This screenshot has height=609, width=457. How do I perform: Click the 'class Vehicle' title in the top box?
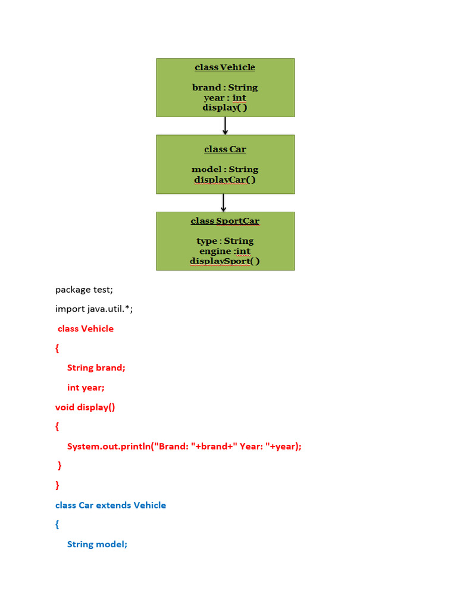pyautogui.click(x=225, y=67)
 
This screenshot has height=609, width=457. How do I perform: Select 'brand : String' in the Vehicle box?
pyautogui.click(x=225, y=87)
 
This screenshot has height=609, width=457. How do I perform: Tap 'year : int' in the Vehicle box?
pyautogui.click(x=225, y=98)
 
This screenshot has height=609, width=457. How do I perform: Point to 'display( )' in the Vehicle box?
pyautogui.click(x=225, y=108)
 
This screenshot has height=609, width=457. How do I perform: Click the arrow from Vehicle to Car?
pyautogui.click(x=225, y=125)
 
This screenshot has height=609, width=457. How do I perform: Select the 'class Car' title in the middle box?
pyautogui.click(x=225, y=149)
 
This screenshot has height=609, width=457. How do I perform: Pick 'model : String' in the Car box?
pyautogui.click(x=225, y=169)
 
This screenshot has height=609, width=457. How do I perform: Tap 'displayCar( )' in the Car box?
pyautogui.click(x=225, y=180)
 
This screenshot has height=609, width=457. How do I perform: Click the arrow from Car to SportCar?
pyautogui.click(x=224, y=203)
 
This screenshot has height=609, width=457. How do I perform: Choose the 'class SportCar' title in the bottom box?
pyautogui.click(x=225, y=221)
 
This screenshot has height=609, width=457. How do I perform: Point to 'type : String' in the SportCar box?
pyautogui.click(x=225, y=241)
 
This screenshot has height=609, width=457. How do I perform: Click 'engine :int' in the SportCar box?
pyautogui.click(x=225, y=251)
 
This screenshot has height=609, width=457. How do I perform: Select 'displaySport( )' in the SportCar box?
pyautogui.click(x=225, y=261)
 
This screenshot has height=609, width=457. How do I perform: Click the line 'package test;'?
pyautogui.click(x=84, y=290)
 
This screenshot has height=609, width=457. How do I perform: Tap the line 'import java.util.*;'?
pyautogui.click(x=94, y=309)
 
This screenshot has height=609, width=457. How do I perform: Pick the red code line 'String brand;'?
pyautogui.click(x=96, y=368)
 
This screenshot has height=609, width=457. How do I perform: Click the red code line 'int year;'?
pyautogui.click(x=86, y=387)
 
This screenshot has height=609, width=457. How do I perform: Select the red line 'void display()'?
pyautogui.click(x=85, y=407)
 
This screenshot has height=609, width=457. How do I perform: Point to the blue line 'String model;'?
pyautogui.click(x=98, y=544)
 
